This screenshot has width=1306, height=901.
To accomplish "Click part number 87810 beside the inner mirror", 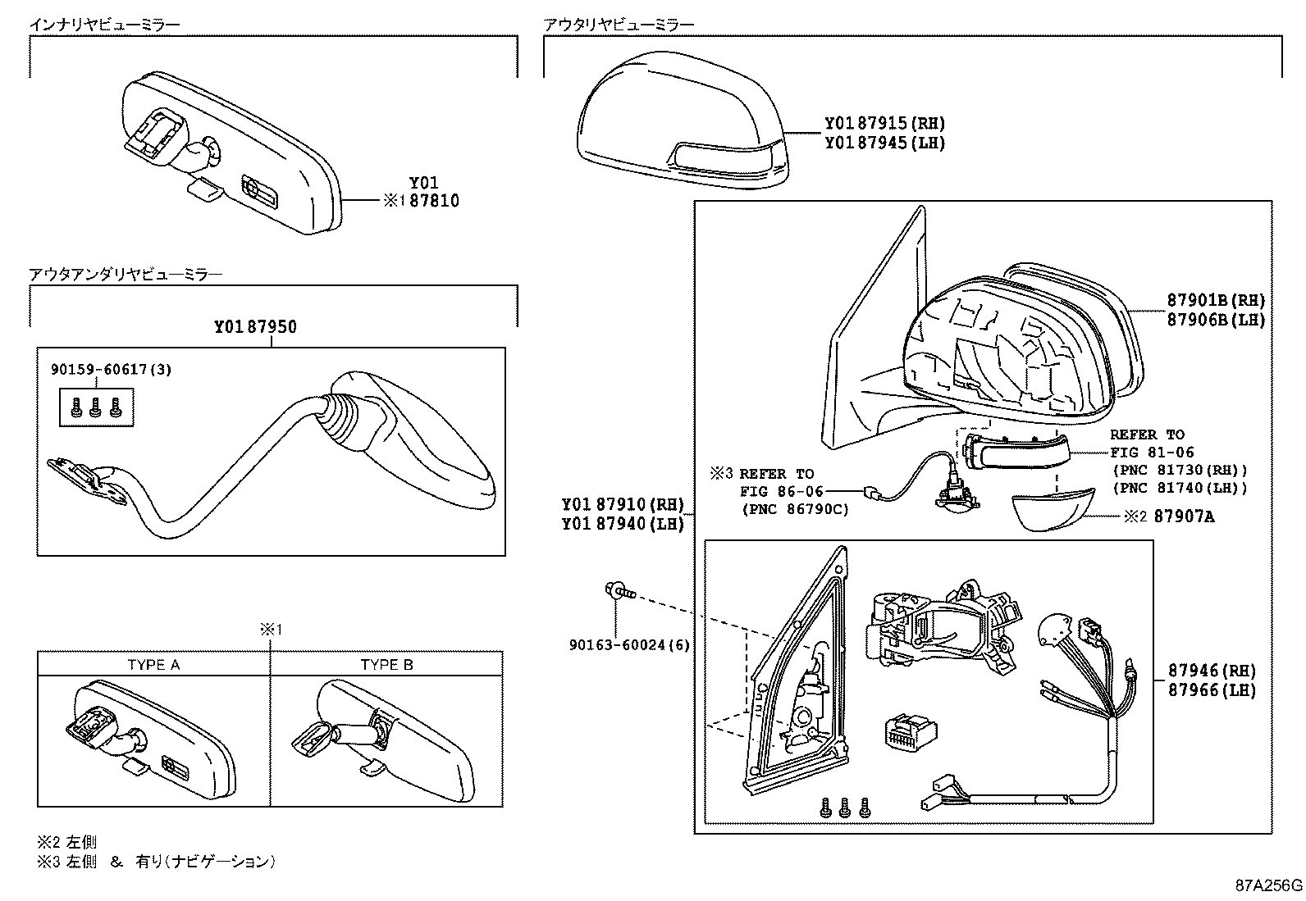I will [x=434, y=201].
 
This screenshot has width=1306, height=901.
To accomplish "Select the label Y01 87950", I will [x=255, y=327].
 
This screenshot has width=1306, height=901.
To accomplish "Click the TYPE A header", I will [x=153, y=665].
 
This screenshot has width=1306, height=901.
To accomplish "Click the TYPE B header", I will [x=386, y=665].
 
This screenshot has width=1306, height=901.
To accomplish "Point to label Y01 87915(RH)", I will [x=884, y=124].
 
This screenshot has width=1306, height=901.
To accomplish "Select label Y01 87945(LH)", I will [x=884, y=143].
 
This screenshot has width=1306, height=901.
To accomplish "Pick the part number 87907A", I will [x=1184, y=516].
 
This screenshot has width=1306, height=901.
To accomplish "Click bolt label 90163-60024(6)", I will [x=629, y=645].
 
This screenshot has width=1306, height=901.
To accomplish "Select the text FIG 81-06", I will [x=1152, y=453].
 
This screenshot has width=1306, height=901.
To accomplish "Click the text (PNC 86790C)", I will [x=794, y=509].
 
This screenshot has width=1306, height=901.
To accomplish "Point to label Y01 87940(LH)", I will [x=623, y=524].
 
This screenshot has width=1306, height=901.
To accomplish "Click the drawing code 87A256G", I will [x=1268, y=886].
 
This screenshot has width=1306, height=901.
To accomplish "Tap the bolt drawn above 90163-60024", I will [x=619, y=589].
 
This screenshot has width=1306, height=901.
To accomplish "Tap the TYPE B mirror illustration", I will [x=386, y=738].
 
